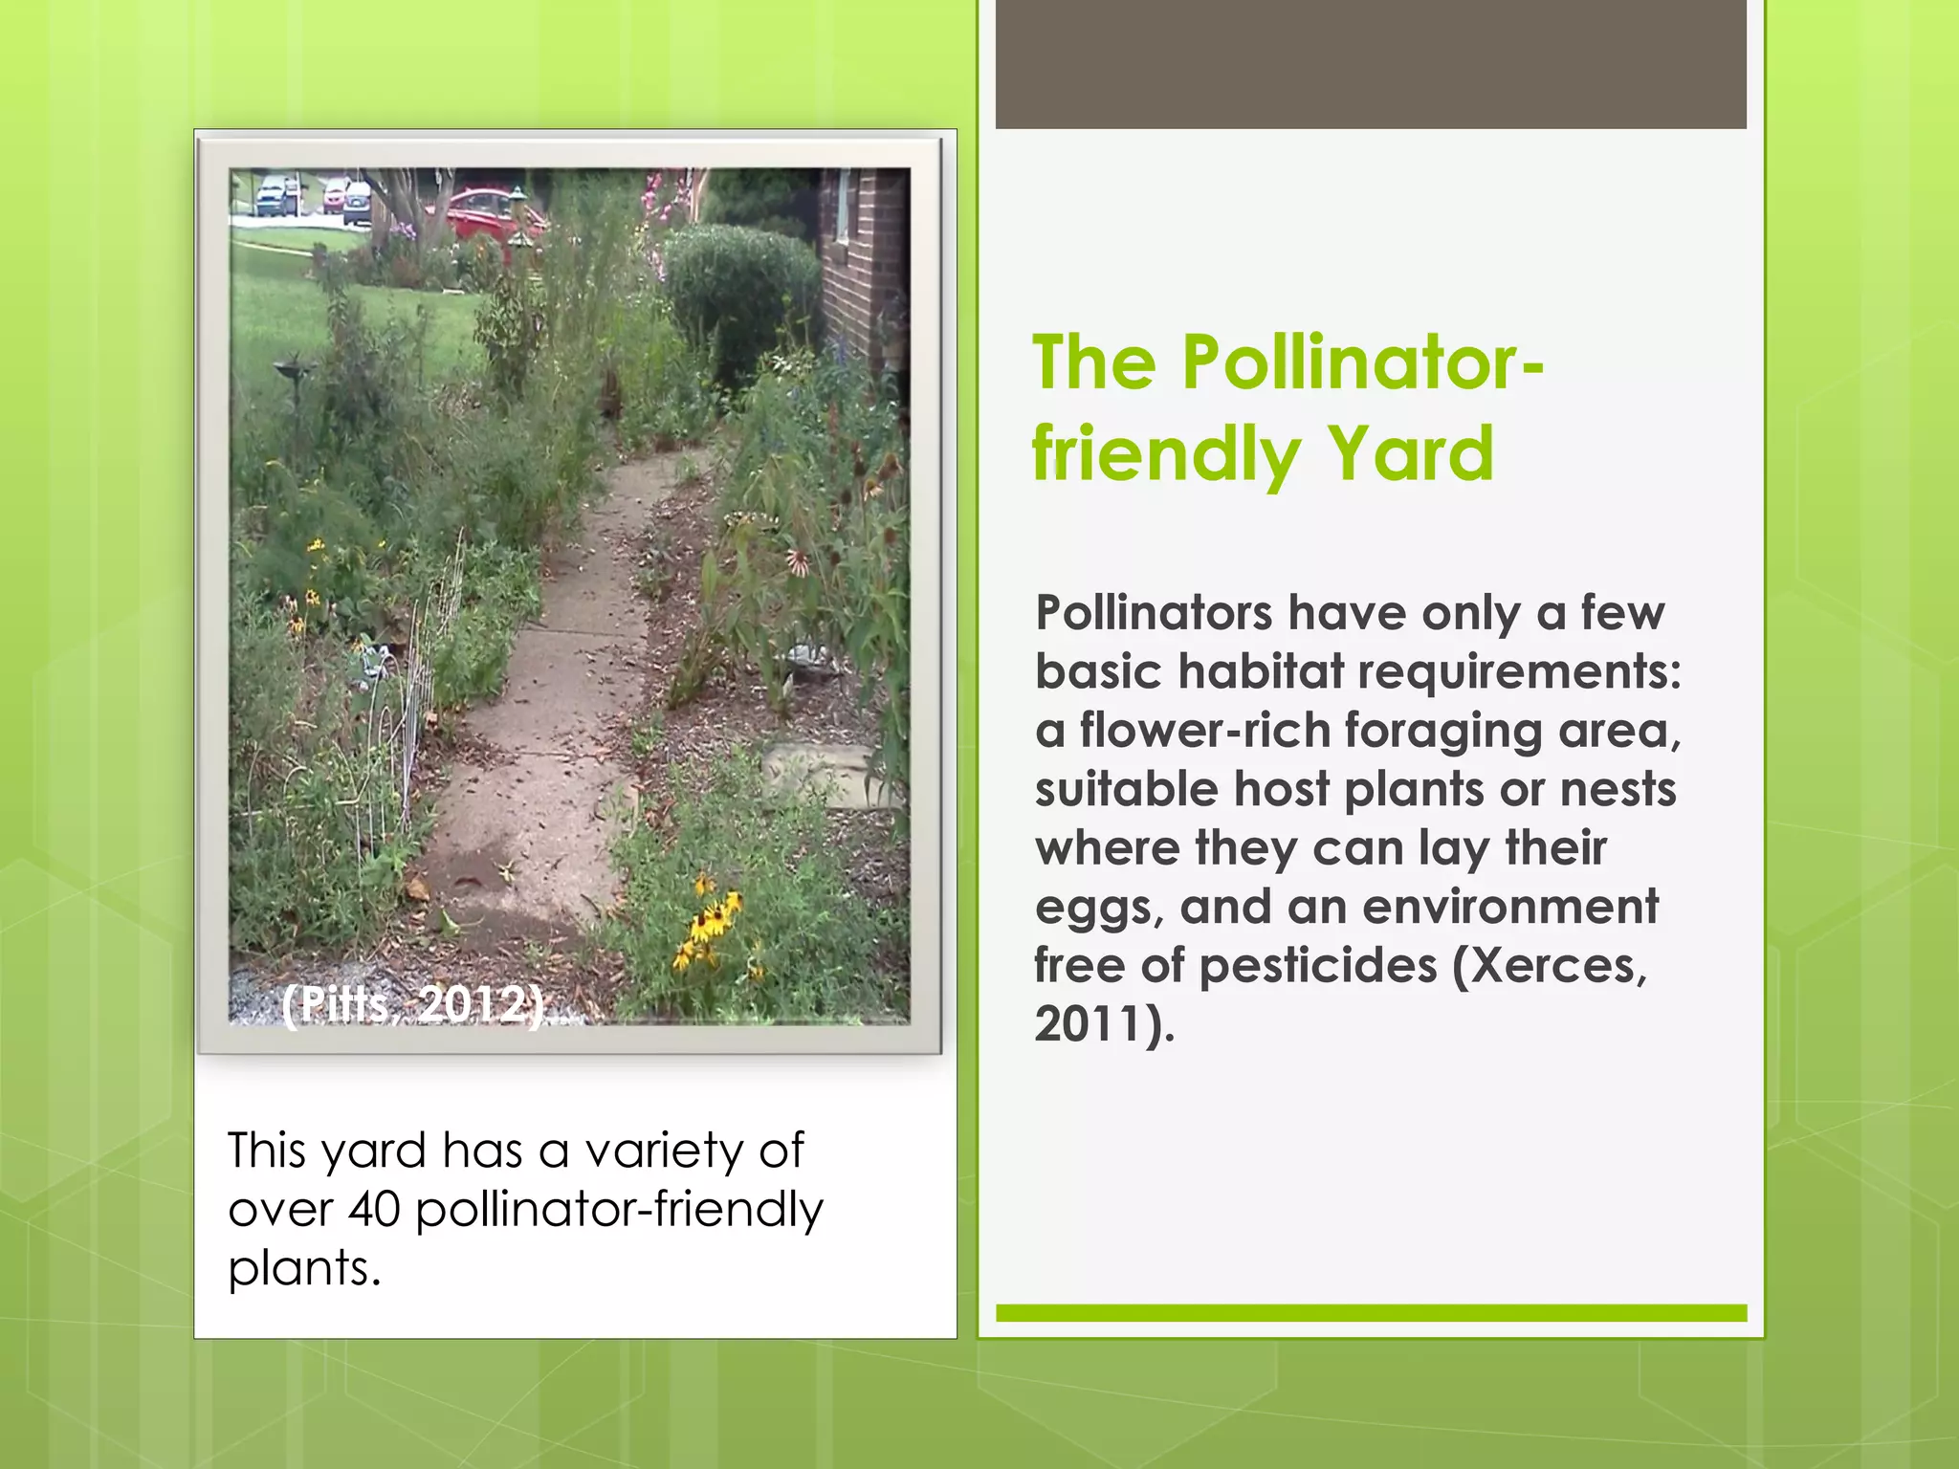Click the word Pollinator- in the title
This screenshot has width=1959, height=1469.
point(1362,363)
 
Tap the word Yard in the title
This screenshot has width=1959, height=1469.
point(1410,453)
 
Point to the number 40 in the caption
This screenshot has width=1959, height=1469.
point(374,1209)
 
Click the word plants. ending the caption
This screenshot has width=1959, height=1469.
point(304,1268)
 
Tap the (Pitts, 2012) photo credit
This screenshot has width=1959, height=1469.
point(412,1004)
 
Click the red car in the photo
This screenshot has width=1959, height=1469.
point(488,213)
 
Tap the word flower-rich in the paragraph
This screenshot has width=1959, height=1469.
point(1204,731)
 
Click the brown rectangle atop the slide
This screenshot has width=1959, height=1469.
point(1371,64)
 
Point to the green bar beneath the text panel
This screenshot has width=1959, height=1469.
point(1371,1313)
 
